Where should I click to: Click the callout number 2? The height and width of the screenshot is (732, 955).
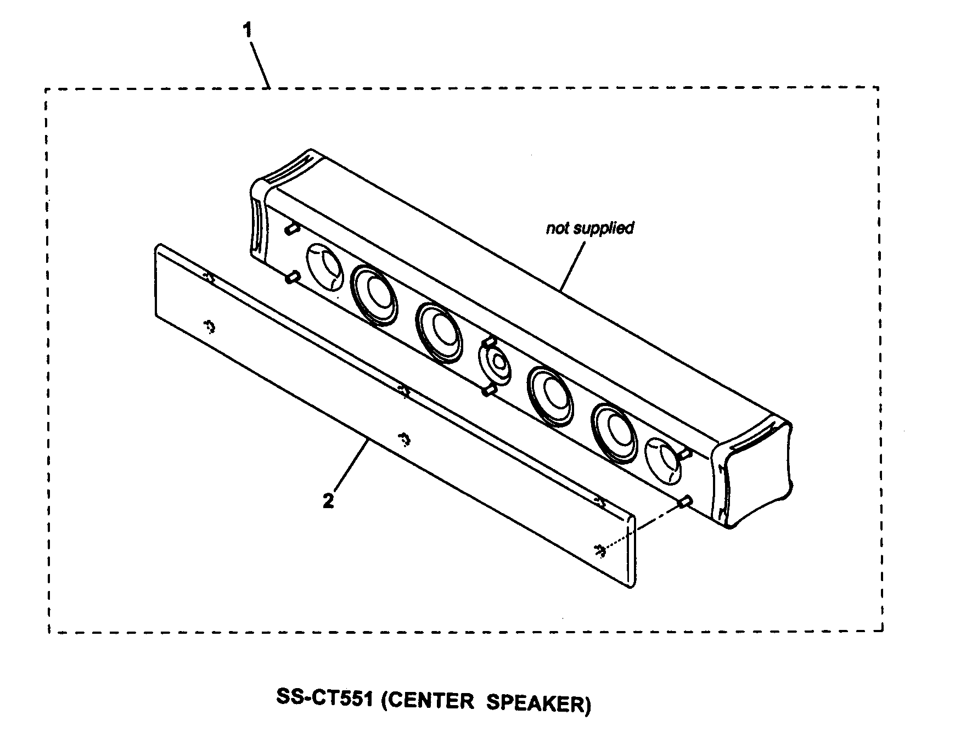pyautogui.click(x=328, y=501)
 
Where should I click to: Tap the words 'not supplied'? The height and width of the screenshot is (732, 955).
pyautogui.click(x=589, y=228)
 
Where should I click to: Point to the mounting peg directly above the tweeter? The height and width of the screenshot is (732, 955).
pyautogui.click(x=487, y=342)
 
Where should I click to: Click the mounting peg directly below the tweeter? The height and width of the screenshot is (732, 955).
pyautogui.click(x=488, y=390)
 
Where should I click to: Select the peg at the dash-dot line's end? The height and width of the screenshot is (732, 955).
pyautogui.click(x=684, y=501)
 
